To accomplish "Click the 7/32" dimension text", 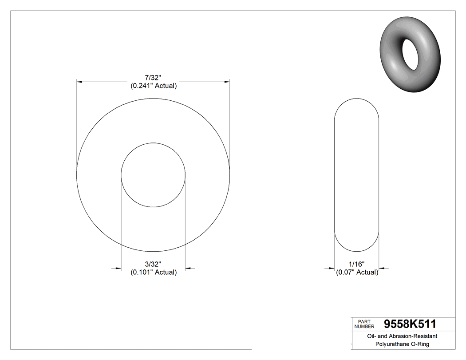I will [x=154, y=78].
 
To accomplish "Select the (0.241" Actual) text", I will [x=154, y=86].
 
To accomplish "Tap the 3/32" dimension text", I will [x=154, y=264].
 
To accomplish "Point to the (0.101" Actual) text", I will [x=154, y=272].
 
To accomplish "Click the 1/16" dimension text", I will [x=356, y=264].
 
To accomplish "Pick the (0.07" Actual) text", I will [x=357, y=272].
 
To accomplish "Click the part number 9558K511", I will [x=410, y=324].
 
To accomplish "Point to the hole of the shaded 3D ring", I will [x=410, y=53].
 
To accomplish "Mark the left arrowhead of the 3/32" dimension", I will [x=118, y=268].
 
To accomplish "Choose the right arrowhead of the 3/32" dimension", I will [x=188, y=268].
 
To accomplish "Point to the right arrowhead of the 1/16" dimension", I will [x=382, y=268].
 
